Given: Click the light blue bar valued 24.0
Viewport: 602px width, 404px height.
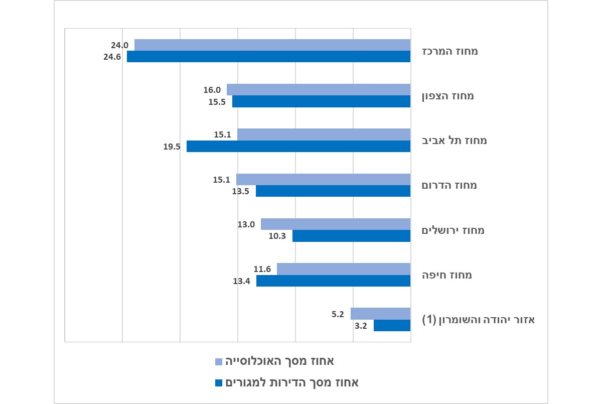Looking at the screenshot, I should [272, 45].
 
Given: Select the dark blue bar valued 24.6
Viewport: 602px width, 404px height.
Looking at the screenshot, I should [268, 57].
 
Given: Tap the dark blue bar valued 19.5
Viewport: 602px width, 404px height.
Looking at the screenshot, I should [298, 146].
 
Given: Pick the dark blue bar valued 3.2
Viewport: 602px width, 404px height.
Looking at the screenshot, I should [392, 325].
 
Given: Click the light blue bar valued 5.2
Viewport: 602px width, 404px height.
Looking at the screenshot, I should [380, 314].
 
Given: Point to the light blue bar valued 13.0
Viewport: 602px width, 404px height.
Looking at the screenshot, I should [336, 224].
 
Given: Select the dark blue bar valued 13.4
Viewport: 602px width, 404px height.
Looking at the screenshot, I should [333, 281].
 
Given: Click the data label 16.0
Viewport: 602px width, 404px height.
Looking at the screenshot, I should [212, 90].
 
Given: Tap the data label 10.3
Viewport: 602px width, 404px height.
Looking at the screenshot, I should [277, 236].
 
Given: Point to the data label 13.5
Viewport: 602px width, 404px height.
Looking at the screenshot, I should [241, 191].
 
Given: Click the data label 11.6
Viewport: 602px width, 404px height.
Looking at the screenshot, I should [262, 270].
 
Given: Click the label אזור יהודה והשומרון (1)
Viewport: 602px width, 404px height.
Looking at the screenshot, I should [477, 320].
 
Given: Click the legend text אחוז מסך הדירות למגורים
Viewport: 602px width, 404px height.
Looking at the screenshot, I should [291, 383].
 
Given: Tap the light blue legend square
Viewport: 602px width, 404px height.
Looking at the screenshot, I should [218, 362].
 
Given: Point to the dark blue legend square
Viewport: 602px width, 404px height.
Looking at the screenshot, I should [218, 383].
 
